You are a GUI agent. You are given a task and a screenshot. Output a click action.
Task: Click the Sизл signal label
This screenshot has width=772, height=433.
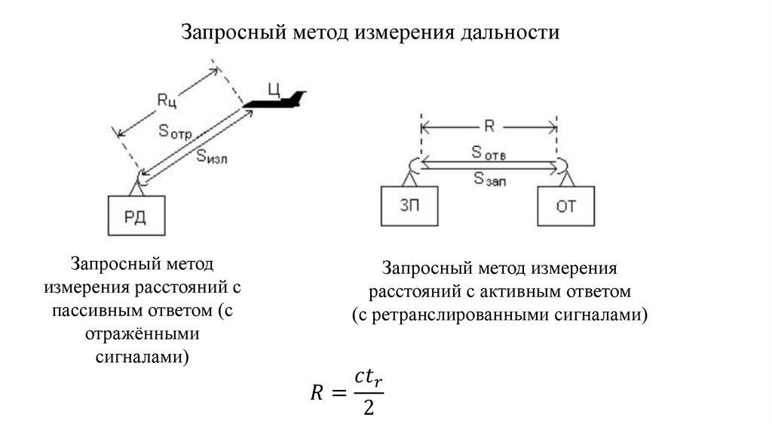click(x=212, y=156)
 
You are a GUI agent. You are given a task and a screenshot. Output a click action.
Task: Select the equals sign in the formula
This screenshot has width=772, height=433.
click(x=336, y=392)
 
